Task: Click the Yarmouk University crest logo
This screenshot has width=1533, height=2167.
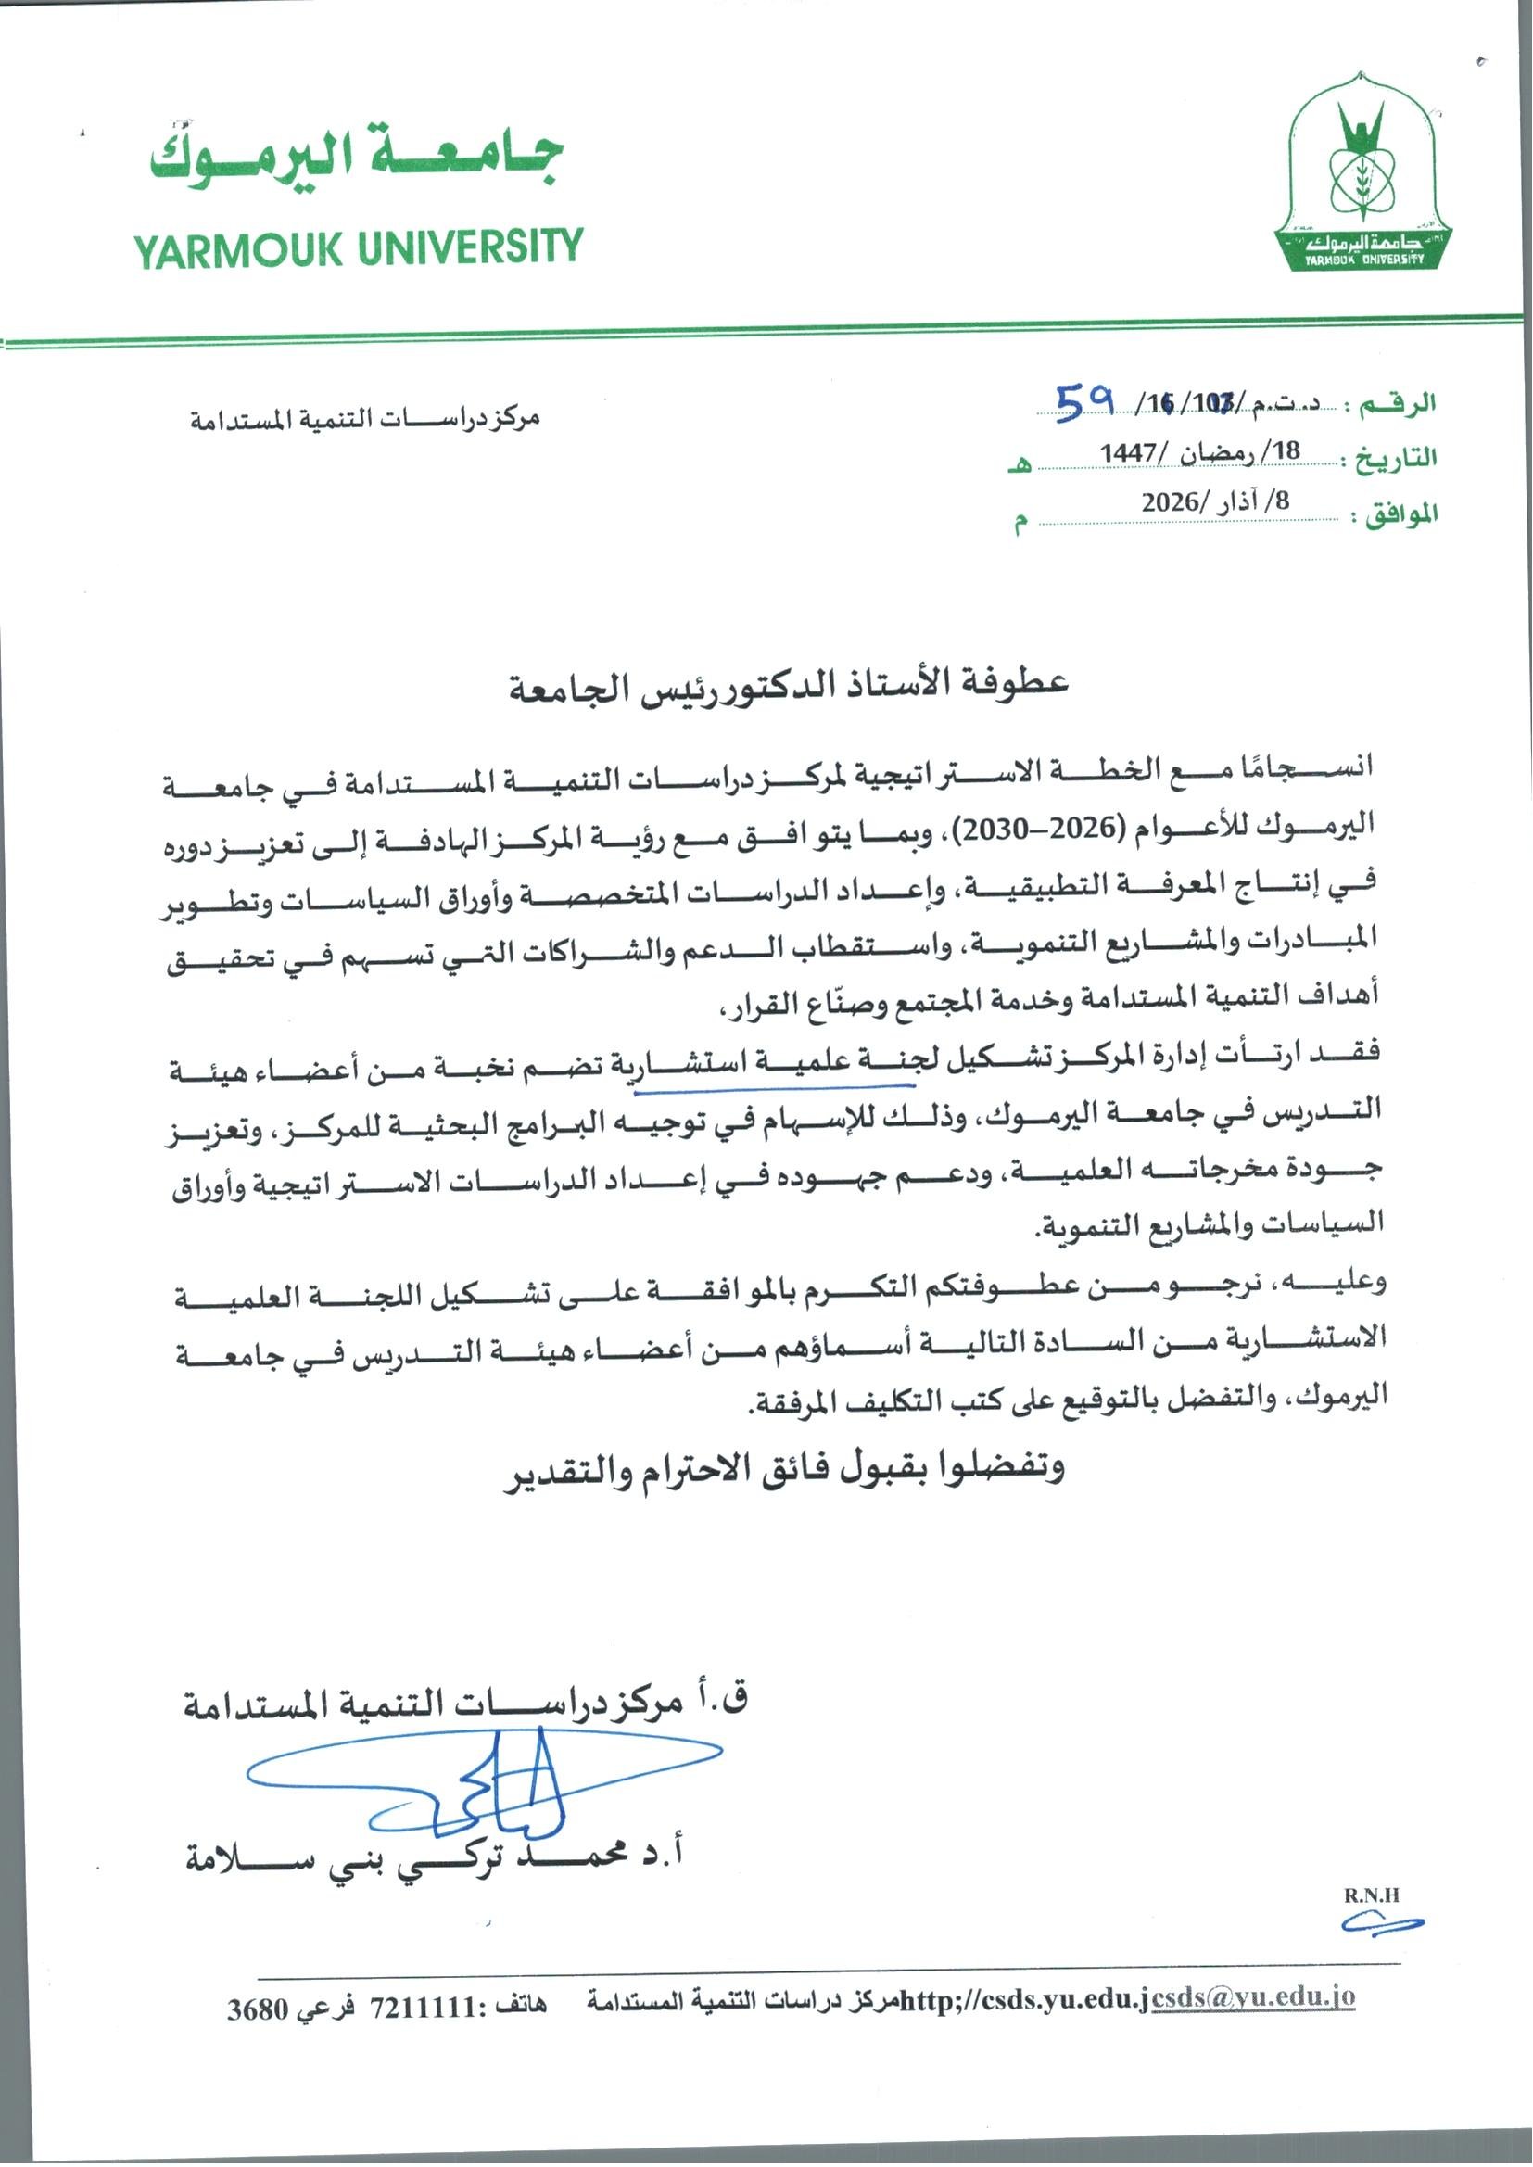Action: click(1362, 174)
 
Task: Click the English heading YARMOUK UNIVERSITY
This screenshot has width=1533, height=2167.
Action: click(358, 247)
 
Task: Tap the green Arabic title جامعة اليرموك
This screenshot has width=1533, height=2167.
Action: click(357, 156)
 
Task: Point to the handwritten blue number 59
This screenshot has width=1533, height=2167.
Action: click(1085, 404)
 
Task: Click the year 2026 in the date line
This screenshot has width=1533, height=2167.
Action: click(1170, 502)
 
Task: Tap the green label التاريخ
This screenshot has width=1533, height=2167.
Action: click(1395, 459)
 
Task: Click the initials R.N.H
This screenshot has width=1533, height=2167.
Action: click(1372, 1895)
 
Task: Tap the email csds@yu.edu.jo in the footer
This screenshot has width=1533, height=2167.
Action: click(1254, 1998)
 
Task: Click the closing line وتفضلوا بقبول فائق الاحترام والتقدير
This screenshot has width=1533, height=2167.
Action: click(783, 1468)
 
